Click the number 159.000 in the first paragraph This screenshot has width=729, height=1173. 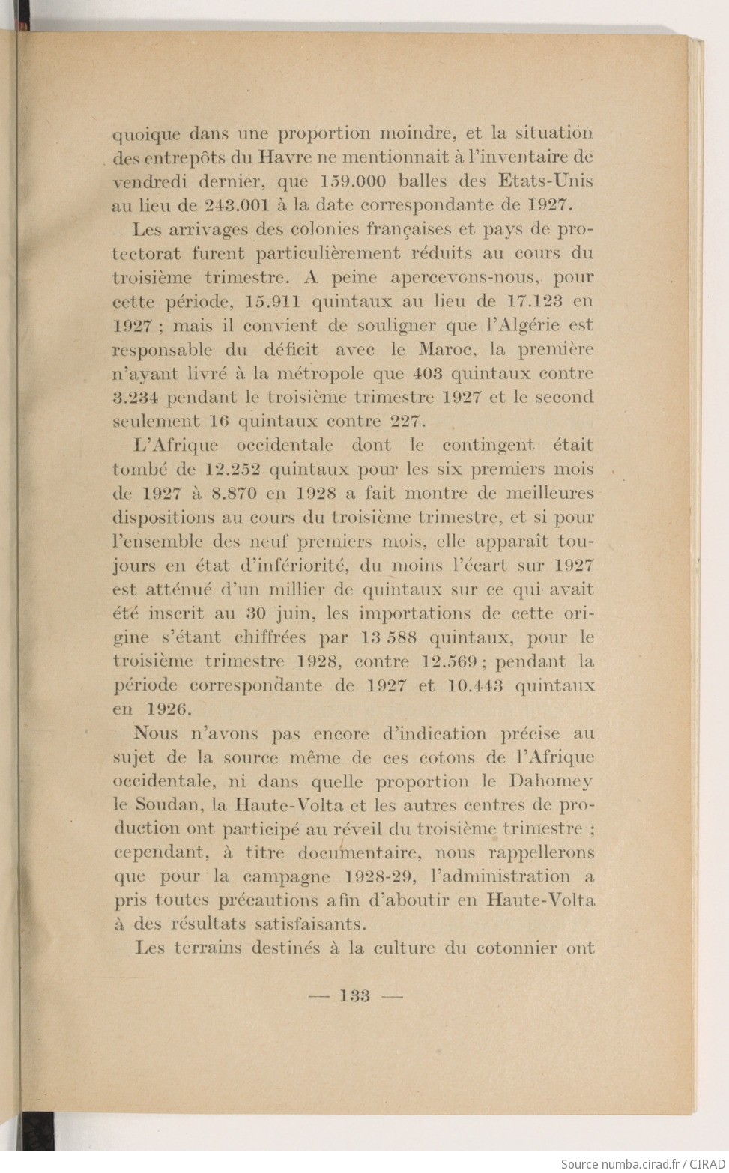(x=353, y=181)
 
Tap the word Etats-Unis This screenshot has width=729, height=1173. (x=545, y=181)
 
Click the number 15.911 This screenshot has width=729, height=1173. (x=273, y=302)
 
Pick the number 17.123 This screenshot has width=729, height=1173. (x=535, y=302)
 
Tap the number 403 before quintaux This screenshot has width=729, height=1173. (x=426, y=374)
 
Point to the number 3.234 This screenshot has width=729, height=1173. (x=136, y=398)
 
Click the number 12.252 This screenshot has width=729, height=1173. (x=232, y=470)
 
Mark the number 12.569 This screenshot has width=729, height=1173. (x=447, y=661)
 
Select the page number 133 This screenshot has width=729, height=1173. (x=354, y=996)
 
